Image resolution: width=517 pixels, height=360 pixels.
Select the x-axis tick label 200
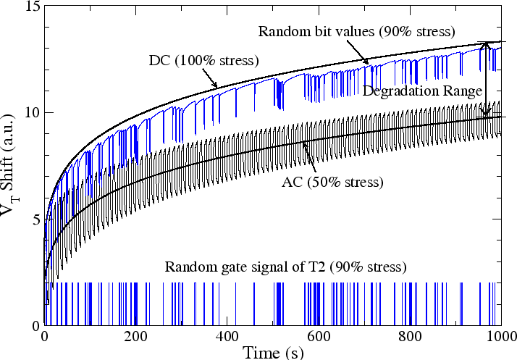pyautogui.click(x=135, y=336)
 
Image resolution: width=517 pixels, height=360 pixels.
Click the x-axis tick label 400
pyautogui.click(x=227, y=336)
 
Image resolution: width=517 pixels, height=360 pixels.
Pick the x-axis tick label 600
pyautogui.click(x=319, y=336)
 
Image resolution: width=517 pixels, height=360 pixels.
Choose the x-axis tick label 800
pyautogui.click(x=410, y=336)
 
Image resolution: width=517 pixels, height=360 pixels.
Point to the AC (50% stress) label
pyautogui.click(x=331, y=181)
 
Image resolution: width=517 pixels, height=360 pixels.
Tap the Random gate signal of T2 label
pyautogui.click(x=286, y=266)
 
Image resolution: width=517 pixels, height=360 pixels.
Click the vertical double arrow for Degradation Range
pyautogui.click(x=485, y=80)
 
